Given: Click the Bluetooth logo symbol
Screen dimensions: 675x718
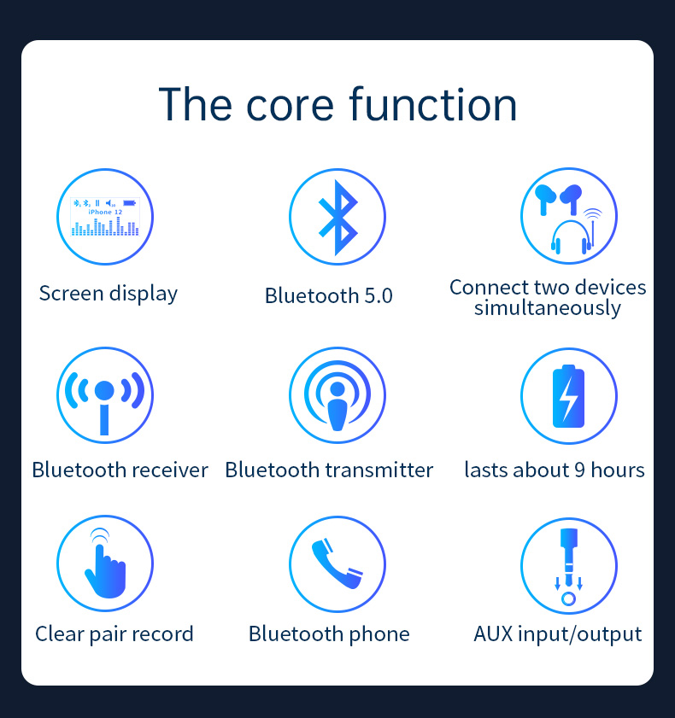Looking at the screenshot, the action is click(x=337, y=218).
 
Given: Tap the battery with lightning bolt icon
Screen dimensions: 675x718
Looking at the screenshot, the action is click(x=568, y=396).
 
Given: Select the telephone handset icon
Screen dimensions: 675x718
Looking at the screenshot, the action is click(x=337, y=563).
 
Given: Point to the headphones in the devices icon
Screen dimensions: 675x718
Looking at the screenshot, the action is click(x=572, y=237).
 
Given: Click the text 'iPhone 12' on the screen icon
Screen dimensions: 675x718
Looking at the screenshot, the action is click(x=105, y=212).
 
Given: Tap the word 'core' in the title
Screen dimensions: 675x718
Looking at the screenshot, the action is click(x=290, y=106).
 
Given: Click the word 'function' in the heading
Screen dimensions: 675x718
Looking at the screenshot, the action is click(x=433, y=104).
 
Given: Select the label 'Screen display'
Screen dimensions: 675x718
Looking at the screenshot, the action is click(x=109, y=294).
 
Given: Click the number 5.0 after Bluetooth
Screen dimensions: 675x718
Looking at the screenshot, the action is click(x=379, y=295).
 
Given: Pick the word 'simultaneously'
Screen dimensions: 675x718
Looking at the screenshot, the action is click(x=548, y=307).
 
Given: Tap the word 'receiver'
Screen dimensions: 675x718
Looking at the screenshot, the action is click(x=170, y=470).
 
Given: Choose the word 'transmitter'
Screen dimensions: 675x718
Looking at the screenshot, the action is click(x=379, y=470).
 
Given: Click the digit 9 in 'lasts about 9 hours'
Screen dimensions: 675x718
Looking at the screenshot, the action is click(x=579, y=470).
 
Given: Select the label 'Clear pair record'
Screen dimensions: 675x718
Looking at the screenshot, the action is click(x=114, y=634).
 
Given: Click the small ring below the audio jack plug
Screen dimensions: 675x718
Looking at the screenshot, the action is click(x=568, y=598).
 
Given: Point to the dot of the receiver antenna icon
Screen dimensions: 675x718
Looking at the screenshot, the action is click(x=104, y=390).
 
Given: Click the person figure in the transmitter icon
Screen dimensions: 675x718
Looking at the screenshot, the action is click(x=337, y=406).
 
